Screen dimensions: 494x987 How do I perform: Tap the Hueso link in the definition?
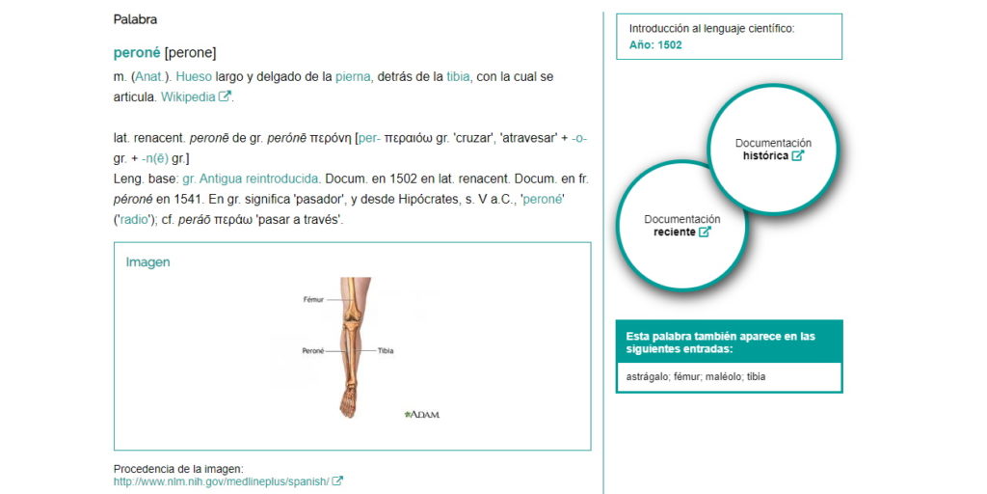[194, 76]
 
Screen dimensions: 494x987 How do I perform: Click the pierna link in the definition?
[352, 76]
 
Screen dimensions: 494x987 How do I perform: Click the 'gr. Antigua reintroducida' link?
[251, 178]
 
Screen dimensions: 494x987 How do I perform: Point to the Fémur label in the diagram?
[313, 300]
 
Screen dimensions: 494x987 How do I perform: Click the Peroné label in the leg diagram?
[312, 350]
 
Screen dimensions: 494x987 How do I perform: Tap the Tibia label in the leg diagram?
[386, 350]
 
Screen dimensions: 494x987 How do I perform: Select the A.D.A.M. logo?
[422, 414]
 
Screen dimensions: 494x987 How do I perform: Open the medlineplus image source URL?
[221, 480]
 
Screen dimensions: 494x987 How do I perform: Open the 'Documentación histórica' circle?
[773, 150]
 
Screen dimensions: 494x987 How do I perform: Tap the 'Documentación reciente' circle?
[681, 226]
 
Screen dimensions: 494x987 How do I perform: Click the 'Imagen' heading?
[147, 262]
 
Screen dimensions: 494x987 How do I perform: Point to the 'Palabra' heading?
[135, 19]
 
